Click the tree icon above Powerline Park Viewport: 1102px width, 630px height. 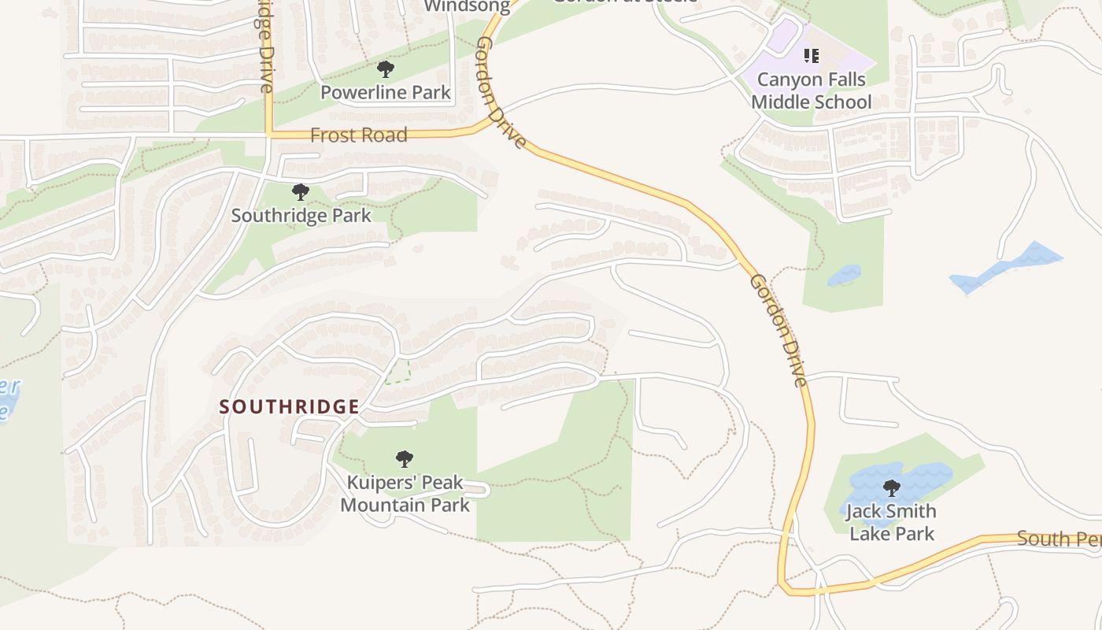(386, 69)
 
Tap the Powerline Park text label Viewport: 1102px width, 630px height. (386, 93)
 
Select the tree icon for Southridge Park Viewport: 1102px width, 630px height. (300, 192)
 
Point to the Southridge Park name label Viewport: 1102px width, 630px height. (301, 215)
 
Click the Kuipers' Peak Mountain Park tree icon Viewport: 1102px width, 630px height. (405, 459)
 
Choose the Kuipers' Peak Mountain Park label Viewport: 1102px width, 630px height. (405, 494)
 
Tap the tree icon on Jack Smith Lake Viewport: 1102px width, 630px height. (892, 488)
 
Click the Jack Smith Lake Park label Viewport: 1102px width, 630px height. (892, 522)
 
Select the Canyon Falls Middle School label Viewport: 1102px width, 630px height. (811, 91)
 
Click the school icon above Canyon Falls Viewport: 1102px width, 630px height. (812, 56)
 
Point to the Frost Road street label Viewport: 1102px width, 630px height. (359, 135)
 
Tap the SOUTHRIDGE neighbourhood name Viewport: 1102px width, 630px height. (289, 407)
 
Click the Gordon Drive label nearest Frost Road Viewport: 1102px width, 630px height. (501, 93)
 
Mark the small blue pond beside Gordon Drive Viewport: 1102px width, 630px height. (844, 276)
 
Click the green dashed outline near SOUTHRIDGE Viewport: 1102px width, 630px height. (398, 372)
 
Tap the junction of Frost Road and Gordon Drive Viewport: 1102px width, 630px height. (482, 126)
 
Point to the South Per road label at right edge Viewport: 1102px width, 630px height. (1059, 539)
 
